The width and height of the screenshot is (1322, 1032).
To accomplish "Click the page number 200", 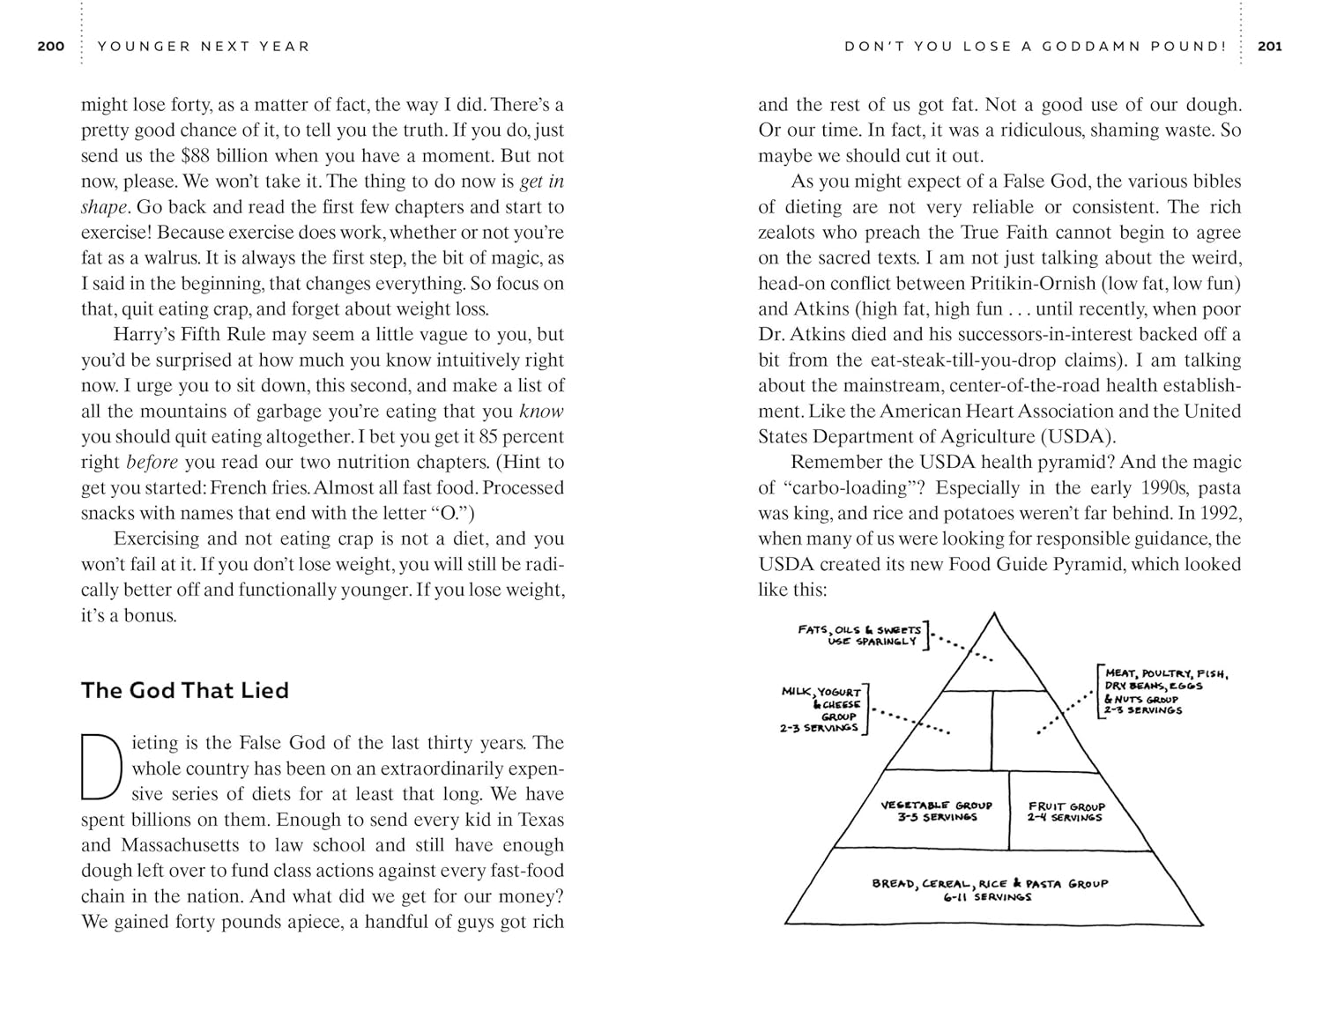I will pyautogui.click(x=51, y=46).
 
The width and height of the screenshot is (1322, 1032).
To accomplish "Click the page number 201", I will pyautogui.click(x=1270, y=46).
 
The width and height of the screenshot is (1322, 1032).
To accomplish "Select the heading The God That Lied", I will pyautogui.click(x=185, y=690).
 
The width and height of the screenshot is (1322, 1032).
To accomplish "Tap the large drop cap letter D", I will pyautogui.click(x=100, y=765).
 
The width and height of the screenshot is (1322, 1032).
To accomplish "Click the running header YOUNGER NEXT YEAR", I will pyautogui.click(x=204, y=46).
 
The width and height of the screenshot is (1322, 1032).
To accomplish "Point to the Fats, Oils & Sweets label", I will pyautogui.click(x=858, y=635).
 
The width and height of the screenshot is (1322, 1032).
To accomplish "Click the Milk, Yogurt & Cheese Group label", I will pyautogui.click(x=822, y=709).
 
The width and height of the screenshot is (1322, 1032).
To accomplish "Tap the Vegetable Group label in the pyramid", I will pyautogui.click(x=936, y=811).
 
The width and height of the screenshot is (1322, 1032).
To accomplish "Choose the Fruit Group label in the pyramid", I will pyautogui.click(x=1066, y=811).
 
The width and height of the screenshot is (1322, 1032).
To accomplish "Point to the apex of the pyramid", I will pyautogui.click(x=993, y=613).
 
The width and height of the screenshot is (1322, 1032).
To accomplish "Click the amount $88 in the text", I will pyautogui.click(x=197, y=156).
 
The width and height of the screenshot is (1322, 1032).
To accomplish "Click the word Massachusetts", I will pyautogui.click(x=180, y=845).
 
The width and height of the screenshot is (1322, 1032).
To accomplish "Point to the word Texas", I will pyautogui.click(x=540, y=820).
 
